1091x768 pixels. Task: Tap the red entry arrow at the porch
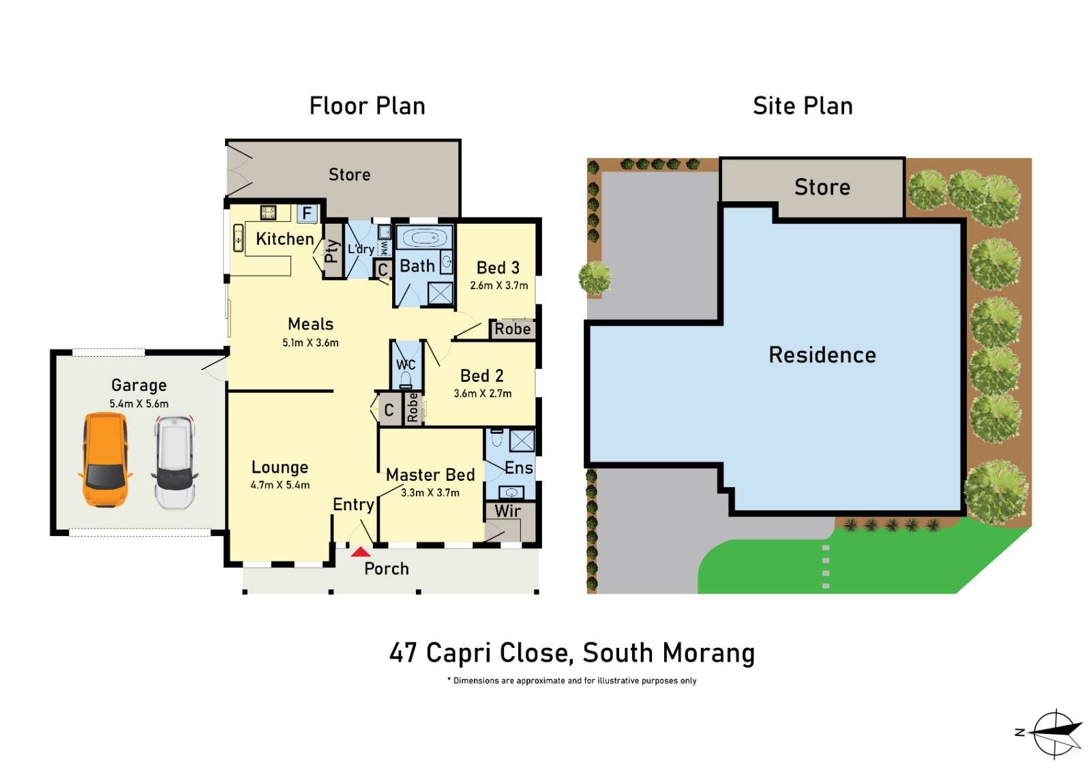(x=361, y=551)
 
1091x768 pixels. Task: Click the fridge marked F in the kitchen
(x=307, y=213)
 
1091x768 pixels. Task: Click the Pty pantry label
(x=332, y=251)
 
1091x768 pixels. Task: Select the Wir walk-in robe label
(x=508, y=510)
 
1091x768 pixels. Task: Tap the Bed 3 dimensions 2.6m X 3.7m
(x=498, y=285)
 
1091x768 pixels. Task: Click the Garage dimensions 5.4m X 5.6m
(x=138, y=403)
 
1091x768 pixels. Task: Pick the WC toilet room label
(x=406, y=365)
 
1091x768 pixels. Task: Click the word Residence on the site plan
(x=822, y=355)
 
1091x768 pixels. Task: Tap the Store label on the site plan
(x=822, y=187)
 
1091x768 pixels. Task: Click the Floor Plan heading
(x=367, y=106)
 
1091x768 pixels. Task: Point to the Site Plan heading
(x=803, y=106)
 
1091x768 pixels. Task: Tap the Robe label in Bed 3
(x=512, y=329)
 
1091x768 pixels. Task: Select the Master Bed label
(x=430, y=475)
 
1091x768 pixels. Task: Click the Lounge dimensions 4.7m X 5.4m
(x=280, y=485)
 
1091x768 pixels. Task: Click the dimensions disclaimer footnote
(x=571, y=681)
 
